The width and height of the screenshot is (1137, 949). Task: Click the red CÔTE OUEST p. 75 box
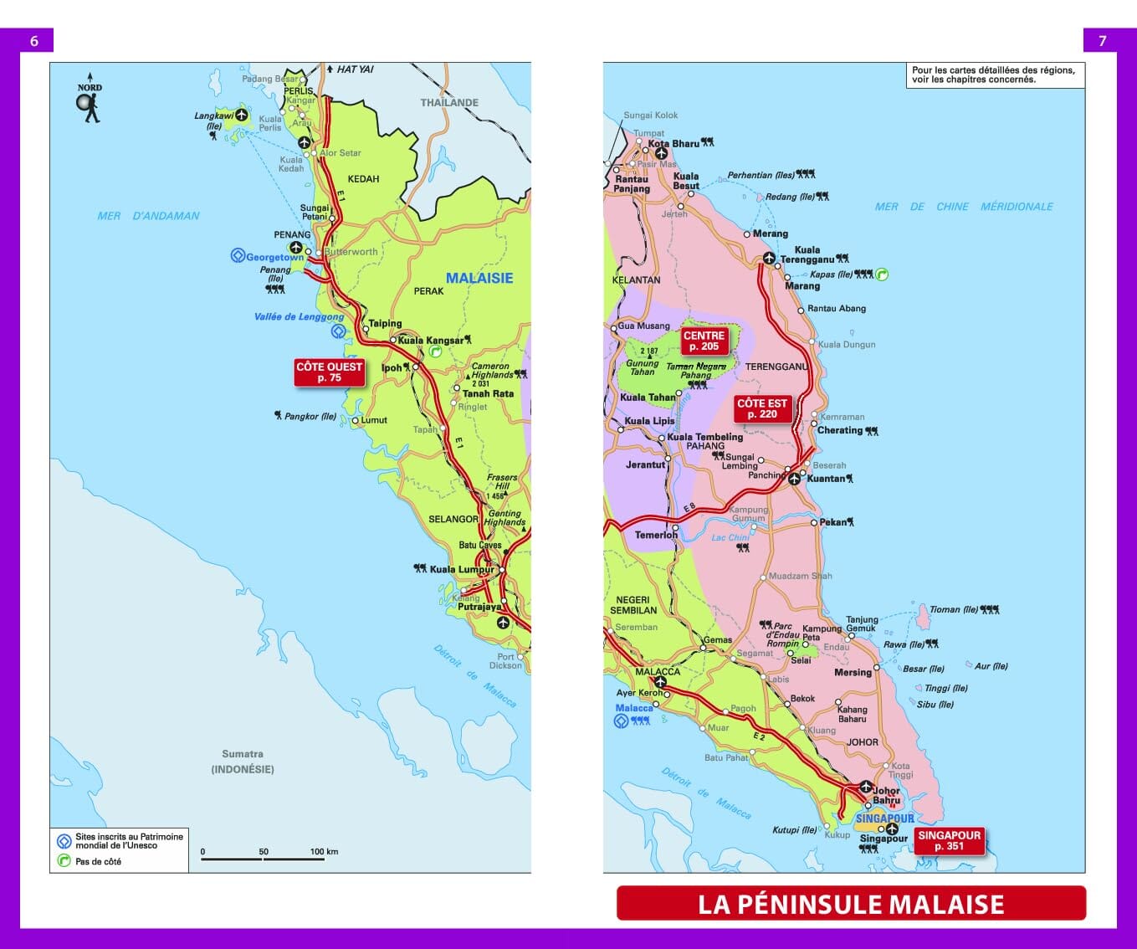pyautogui.click(x=329, y=372)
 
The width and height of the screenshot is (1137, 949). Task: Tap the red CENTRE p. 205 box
pyautogui.click(x=704, y=341)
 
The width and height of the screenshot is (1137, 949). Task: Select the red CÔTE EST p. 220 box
pyautogui.click(x=761, y=408)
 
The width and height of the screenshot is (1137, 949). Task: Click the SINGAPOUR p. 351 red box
pyautogui.click(x=949, y=840)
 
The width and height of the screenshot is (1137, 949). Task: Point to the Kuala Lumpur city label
pyautogui.click(x=462, y=569)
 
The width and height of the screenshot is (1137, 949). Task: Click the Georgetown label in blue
pyautogui.click(x=275, y=257)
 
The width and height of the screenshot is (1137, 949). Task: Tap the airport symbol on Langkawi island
pyautogui.click(x=242, y=115)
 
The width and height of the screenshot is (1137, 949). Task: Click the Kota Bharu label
pyautogui.click(x=673, y=143)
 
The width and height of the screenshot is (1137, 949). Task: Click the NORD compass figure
pyautogui.click(x=90, y=103)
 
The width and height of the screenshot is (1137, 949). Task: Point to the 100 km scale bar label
pyautogui.click(x=324, y=851)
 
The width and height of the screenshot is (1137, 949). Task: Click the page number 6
pyautogui.click(x=34, y=41)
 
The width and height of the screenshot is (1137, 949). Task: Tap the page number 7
pyautogui.click(x=1102, y=41)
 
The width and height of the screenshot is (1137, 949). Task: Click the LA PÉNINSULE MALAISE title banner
pyautogui.click(x=851, y=904)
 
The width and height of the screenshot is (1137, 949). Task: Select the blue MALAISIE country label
pyautogui.click(x=479, y=278)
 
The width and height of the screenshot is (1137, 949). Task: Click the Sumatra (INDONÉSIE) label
pyautogui.click(x=243, y=762)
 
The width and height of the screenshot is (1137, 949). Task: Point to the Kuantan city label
pyautogui.click(x=826, y=479)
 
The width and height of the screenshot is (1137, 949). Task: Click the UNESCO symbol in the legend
pyautogui.click(x=64, y=841)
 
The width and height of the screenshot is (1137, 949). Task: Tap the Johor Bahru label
pyautogui.click(x=886, y=795)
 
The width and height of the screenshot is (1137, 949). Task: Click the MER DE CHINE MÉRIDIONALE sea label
pyautogui.click(x=964, y=207)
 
